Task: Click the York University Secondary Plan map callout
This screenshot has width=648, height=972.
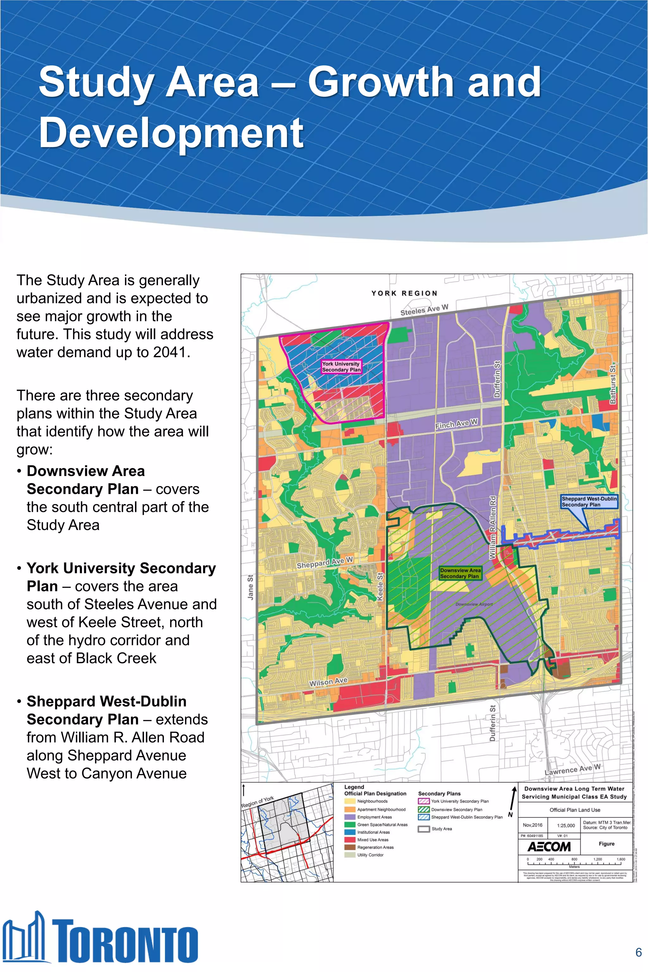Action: [x=341, y=367]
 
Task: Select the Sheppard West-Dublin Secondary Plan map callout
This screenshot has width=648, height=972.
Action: [x=589, y=501]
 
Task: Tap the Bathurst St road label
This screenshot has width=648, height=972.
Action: [x=613, y=383]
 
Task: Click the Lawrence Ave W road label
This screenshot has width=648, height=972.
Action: [x=572, y=769]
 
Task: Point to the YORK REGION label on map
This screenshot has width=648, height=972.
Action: [x=404, y=293]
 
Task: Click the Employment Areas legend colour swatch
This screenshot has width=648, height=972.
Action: [x=350, y=817]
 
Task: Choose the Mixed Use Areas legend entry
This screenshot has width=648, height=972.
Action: [x=372, y=839]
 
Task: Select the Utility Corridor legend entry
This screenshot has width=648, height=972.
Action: [x=370, y=855]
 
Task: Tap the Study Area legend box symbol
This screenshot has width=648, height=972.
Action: [x=424, y=829]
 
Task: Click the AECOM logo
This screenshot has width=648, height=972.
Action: [x=549, y=847]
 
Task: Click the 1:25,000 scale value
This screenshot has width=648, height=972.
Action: [x=566, y=825]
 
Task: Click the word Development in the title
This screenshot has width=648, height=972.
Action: [x=171, y=133]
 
